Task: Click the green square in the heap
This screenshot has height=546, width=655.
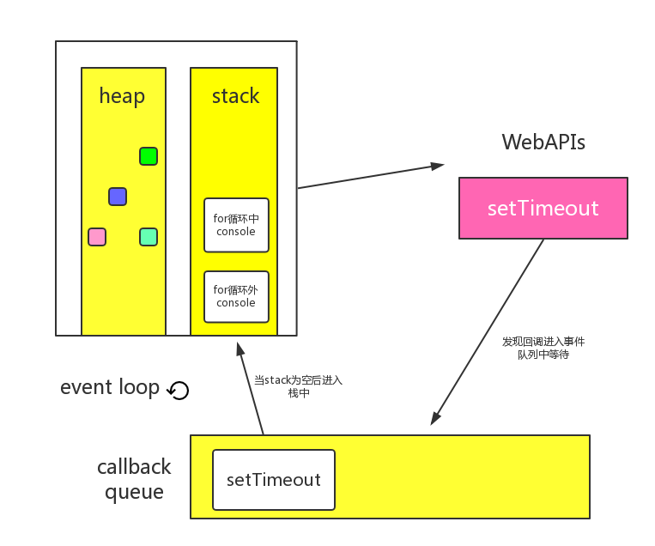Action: point(149,156)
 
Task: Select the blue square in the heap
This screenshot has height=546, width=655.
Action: point(118,197)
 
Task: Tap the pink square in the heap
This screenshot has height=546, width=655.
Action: point(97,237)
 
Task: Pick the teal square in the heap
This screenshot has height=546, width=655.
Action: point(149,237)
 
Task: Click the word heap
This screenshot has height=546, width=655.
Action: point(122,97)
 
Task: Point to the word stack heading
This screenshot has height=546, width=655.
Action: point(235,96)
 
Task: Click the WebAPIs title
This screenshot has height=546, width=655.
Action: point(543,142)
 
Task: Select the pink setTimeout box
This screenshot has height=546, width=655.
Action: point(543,208)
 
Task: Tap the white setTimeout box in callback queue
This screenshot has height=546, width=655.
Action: point(274,480)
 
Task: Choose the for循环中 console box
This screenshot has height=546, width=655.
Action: point(236,225)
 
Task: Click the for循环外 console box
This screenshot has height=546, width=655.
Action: point(236,296)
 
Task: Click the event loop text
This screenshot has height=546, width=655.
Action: point(109,387)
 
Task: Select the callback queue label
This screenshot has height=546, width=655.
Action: point(134,479)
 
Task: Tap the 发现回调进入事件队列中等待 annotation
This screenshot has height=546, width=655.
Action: point(543,348)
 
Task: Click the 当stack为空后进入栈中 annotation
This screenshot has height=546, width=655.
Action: point(298,386)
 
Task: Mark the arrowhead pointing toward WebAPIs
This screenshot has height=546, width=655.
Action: point(438,166)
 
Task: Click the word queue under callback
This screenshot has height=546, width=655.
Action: point(134,492)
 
